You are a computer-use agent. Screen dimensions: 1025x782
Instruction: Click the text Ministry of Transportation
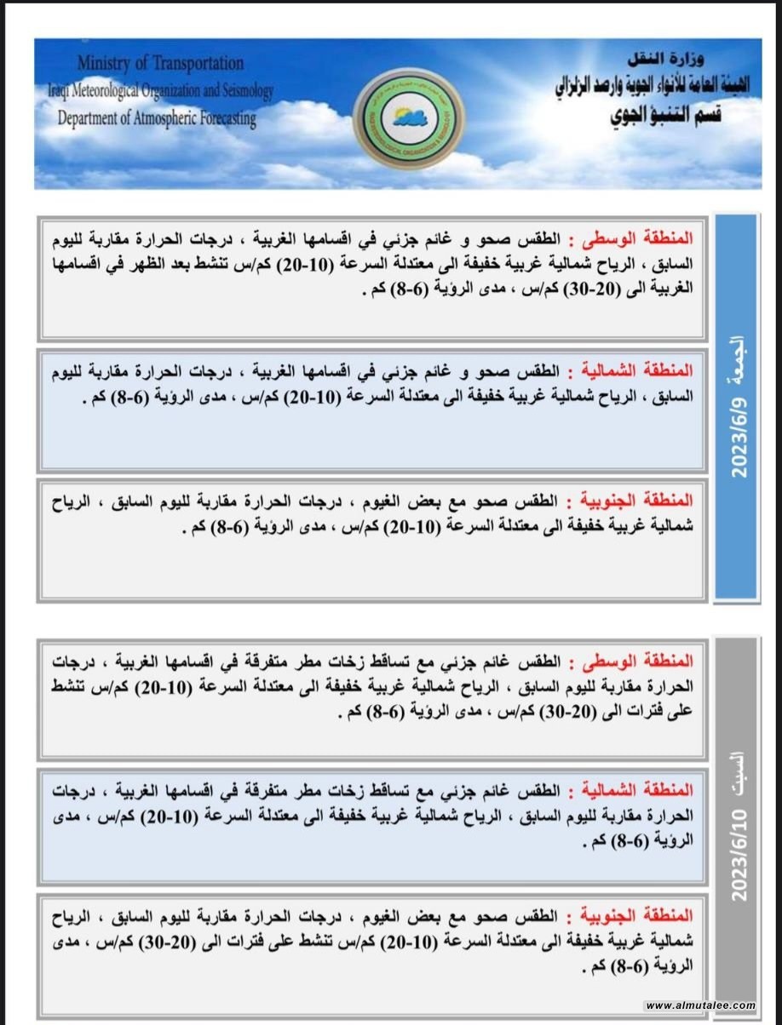tap(160, 63)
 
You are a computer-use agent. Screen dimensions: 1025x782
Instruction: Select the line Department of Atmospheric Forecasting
tap(158, 118)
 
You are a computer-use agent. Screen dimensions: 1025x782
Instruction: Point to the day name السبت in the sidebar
tap(738, 765)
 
